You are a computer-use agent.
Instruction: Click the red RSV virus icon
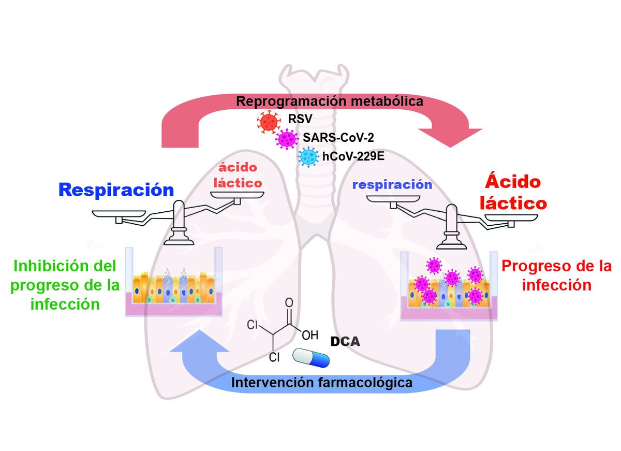pos(269,122)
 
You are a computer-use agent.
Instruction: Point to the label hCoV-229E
pos(351,156)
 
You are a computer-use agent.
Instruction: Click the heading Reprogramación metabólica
pos(330,101)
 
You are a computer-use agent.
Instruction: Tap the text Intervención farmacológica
pos(322,383)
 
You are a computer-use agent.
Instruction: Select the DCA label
pos(345,342)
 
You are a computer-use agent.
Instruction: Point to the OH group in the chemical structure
pos(309,335)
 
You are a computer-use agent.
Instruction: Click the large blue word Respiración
pos(116,190)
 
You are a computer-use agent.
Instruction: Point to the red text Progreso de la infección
pos(556,275)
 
